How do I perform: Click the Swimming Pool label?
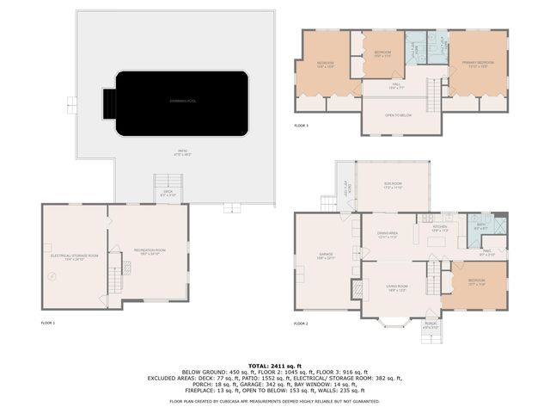(x=182, y=102)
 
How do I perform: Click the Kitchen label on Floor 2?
(x=440, y=228)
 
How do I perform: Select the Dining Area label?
(x=387, y=235)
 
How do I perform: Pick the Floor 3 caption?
(x=301, y=126)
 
